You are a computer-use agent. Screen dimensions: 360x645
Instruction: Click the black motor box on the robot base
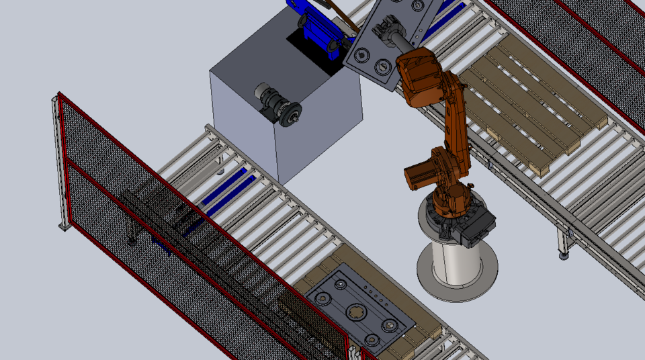[478, 226]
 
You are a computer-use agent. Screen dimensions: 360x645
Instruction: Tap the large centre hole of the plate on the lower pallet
[355, 313]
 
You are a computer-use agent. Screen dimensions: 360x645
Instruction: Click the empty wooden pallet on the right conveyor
[531, 107]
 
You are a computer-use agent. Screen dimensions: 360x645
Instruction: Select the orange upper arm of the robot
[454, 114]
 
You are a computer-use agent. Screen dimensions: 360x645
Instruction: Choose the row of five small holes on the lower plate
[373, 294]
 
